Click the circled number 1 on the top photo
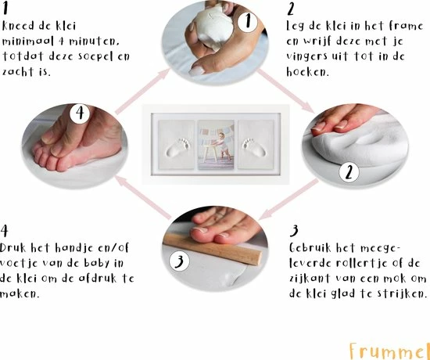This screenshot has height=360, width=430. [x=248, y=21]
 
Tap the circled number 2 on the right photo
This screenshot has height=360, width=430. [x=349, y=172]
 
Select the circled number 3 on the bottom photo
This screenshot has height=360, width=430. [x=179, y=261]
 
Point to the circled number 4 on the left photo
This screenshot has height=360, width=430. [x=80, y=113]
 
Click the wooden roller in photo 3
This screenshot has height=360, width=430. [x=213, y=249]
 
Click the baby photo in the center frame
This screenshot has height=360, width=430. [x=216, y=144]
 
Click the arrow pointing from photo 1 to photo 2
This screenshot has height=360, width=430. [x=285, y=91]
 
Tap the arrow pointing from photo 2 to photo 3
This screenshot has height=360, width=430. [x=288, y=199]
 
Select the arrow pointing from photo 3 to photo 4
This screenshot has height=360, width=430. [x=142, y=197]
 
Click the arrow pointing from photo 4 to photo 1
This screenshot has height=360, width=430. [x=142, y=91]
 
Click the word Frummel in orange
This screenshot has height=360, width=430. [x=389, y=351]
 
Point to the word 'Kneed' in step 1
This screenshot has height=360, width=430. [x=19, y=26]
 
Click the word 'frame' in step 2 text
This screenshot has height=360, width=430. [x=407, y=26]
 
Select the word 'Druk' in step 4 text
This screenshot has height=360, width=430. [x=13, y=248]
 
